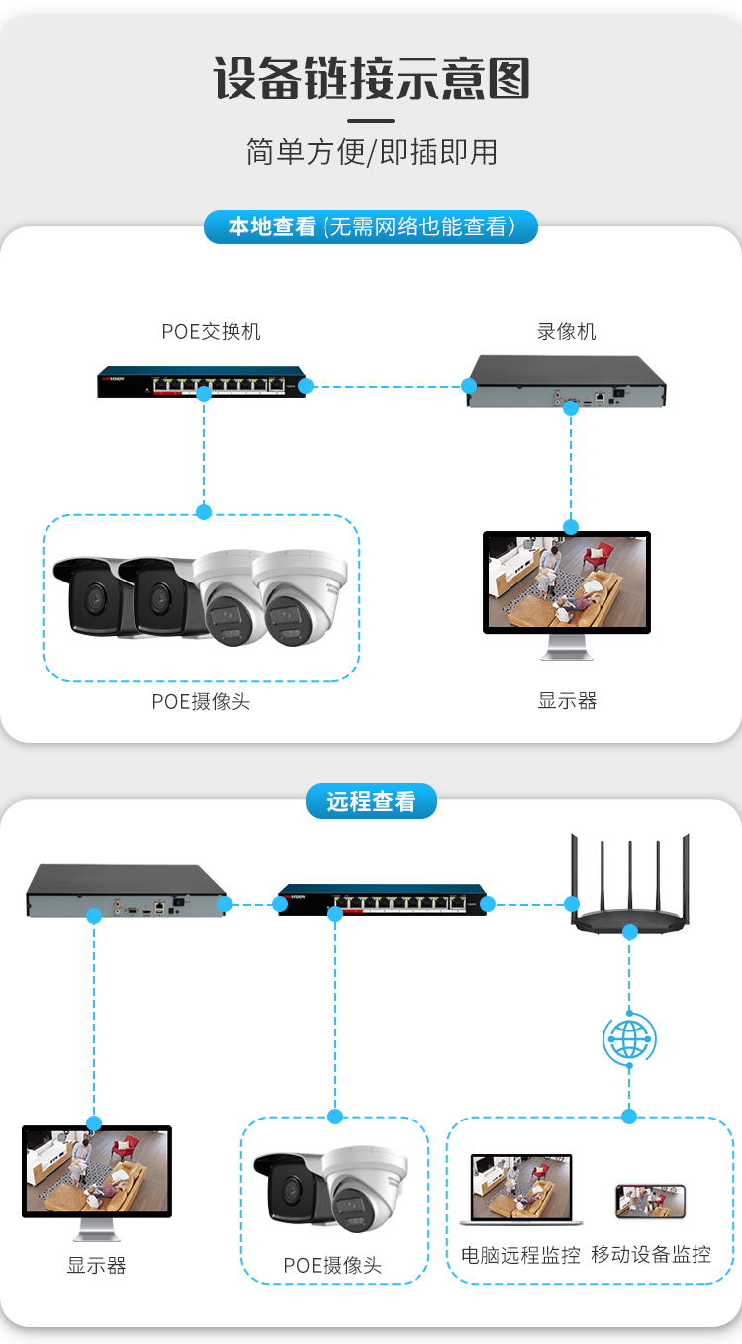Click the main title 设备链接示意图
pyautogui.click(x=371, y=78)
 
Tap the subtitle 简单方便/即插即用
pyautogui.click(x=371, y=152)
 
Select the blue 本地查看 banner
pyautogui.click(x=371, y=226)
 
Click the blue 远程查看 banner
pyautogui.click(x=371, y=801)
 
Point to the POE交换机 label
pyautogui.click(x=211, y=331)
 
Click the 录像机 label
pyautogui.click(x=567, y=331)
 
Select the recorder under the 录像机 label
pyautogui.click(x=567, y=382)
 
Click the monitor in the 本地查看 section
pyautogui.click(x=567, y=588)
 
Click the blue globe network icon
pyautogui.click(x=629, y=1038)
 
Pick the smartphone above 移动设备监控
pyautogui.click(x=650, y=1202)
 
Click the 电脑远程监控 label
pyautogui.click(x=520, y=1255)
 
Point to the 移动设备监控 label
pyautogui.click(x=651, y=1255)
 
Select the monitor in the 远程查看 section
pyautogui.click(x=96, y=1177)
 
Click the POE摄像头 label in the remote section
pyautogui.click(x=332, y=1265)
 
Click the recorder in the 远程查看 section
pyautogui.click(x=126, y=890)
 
